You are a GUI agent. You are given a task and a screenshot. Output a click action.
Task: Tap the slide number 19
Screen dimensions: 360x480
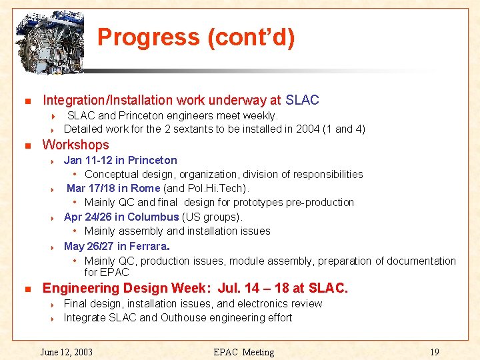click(x=435, y=352)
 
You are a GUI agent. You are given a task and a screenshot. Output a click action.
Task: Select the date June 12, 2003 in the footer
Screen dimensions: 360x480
click(x=67, y=352)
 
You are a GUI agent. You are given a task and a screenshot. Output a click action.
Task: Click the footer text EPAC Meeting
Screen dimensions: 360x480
click(x=243, y=352)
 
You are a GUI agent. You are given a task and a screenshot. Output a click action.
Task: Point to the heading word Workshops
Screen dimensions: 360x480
click(x=75, y=145)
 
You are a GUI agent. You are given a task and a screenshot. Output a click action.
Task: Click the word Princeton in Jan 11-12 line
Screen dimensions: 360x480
click(x=153, y=160)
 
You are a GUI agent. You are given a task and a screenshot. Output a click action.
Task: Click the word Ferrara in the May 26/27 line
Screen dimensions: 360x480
click(x=148, y=246)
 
